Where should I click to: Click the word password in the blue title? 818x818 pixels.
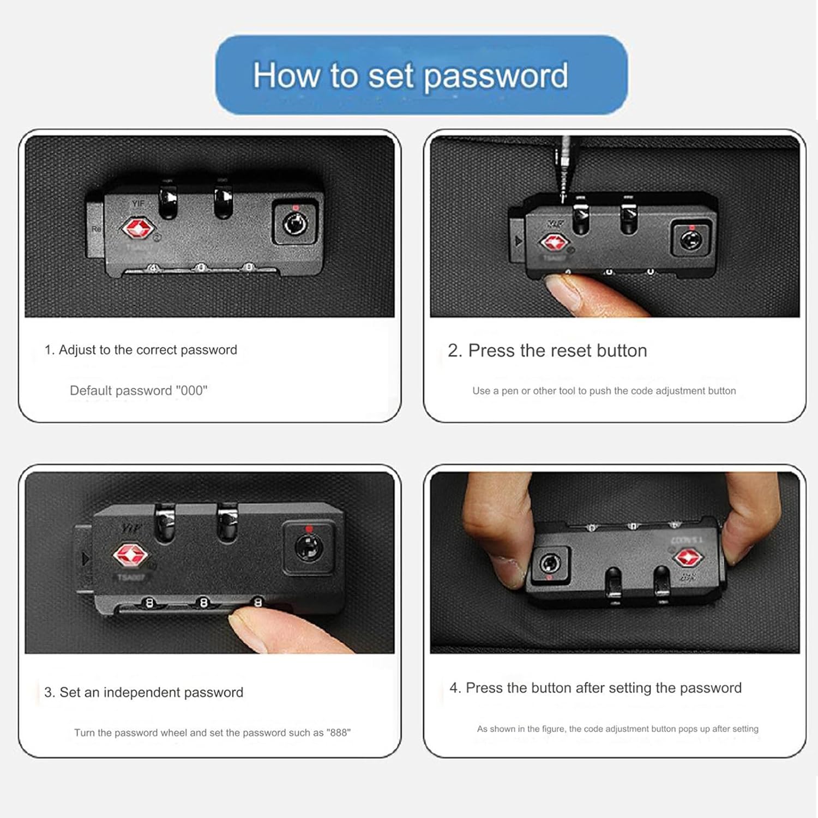[496, 77]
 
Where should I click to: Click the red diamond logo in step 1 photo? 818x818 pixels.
[137, 228]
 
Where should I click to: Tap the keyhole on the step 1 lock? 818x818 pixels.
[295, 224]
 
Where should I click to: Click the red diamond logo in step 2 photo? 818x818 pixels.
[554, 242]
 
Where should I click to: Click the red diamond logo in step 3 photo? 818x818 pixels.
[130, 555]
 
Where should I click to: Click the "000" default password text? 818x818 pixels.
[192, 390]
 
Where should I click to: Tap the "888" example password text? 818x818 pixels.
[338, 732]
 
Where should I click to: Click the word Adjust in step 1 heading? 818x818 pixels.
[77, 350]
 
